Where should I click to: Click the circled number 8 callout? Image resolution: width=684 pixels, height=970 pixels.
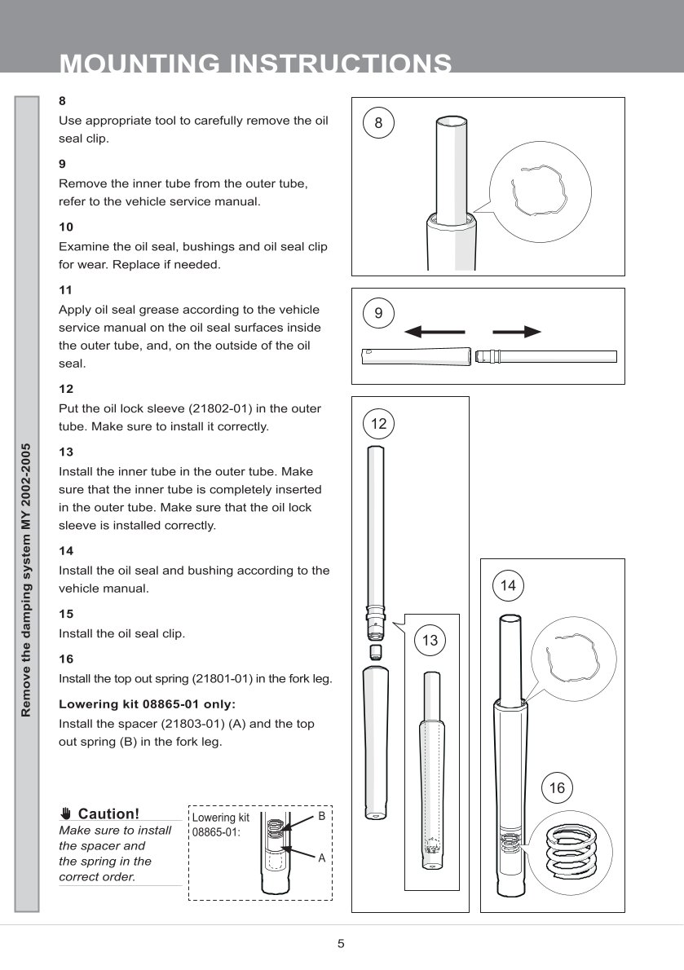[x=378, y=123]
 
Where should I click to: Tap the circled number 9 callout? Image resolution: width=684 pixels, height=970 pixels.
[x=378, y=313]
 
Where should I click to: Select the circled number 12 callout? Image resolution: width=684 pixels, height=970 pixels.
[x=378, y=423]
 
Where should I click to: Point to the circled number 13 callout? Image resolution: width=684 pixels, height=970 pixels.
[x=430, y=641]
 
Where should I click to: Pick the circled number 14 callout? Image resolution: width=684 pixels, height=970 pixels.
[x=508, y=585]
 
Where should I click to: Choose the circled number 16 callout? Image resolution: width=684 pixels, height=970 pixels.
[x=557, y=787]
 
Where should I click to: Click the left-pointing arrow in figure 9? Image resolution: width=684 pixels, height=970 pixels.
[x=435, y=332]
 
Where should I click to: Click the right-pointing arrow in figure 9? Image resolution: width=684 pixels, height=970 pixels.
[x=517, y=332]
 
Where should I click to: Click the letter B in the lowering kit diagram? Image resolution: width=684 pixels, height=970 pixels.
[x=321, y=816]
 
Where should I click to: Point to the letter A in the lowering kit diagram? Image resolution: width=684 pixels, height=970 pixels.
[x=321, y=858]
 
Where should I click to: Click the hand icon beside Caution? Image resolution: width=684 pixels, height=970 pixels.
[x=66, y=813]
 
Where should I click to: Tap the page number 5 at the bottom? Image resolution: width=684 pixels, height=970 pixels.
[x=342, y=944]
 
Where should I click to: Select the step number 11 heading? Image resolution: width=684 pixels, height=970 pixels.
[x=66, y=289]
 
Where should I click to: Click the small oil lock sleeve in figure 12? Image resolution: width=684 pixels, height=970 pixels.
[x=376, y=652]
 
